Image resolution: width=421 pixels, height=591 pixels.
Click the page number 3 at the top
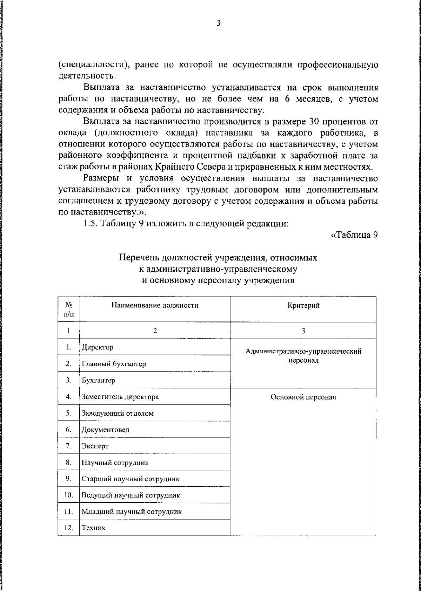click(218, 23)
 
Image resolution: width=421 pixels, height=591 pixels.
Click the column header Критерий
click(303, 306)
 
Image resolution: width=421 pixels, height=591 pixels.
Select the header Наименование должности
click(155, 305)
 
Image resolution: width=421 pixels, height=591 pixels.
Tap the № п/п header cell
click(69, 310)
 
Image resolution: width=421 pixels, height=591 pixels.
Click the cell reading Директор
click(98, 348)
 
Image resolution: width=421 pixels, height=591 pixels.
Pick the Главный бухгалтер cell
click(114, 364)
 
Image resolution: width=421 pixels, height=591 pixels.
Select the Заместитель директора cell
click(120, 397)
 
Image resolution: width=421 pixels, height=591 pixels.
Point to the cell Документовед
click(105, 430)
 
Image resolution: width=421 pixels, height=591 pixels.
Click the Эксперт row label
click(95, 446)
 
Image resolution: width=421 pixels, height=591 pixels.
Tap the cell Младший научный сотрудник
click(132, 512)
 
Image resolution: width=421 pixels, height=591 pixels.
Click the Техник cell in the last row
click(93, 528)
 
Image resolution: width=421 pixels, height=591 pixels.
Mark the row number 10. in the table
click(68, 495)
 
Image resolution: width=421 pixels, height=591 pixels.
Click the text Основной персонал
click(303, 397)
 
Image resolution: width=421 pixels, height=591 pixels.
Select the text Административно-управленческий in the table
click(303, 351)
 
